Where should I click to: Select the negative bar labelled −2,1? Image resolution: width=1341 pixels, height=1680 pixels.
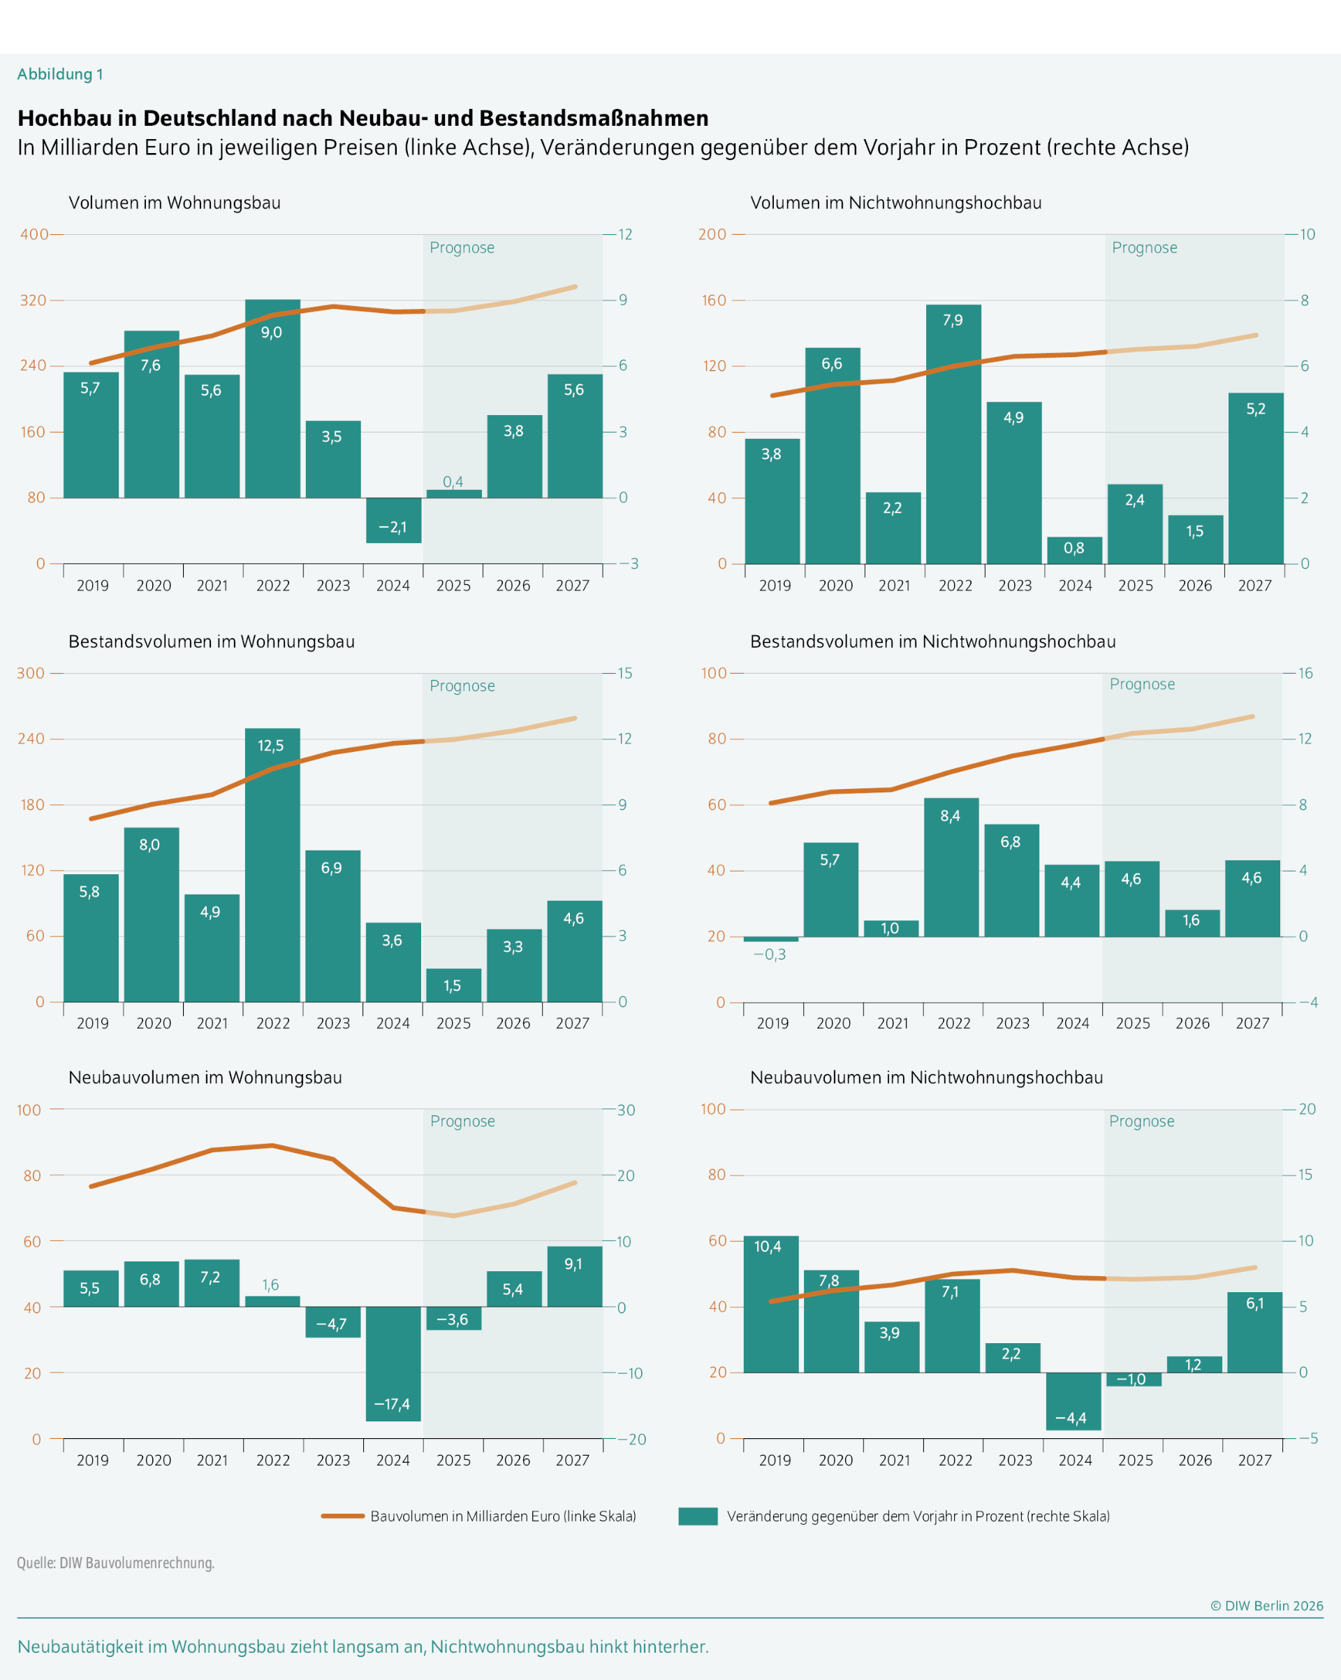pyautogui.click(x=393, y=520)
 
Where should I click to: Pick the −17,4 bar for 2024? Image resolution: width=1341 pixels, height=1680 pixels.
pyautogui.click(x=393, y=1363)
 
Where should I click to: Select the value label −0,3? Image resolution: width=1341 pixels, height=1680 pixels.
pyautogui.click(x=770, y=955)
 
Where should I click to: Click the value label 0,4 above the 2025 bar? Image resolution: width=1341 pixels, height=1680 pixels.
pyautogui.click(x=453, y=481)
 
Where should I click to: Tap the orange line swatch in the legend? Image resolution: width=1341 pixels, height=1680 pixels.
pyautogui.click(x=343, y=1516)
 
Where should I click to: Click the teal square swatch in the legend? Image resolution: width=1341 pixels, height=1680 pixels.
pyautogui.click(x=698, y=1516)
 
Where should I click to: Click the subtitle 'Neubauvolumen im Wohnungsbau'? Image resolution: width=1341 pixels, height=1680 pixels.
pyautogui.click(x=205, y=1078)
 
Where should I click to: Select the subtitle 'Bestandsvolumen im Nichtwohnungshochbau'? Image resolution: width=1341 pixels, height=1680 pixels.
pyautogui.click(x=932, y=642)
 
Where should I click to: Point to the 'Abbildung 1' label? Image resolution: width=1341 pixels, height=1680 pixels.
pyautogui.click(x=60, y=74)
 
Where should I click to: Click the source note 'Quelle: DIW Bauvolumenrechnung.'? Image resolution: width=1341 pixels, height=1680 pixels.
pyautogui.click(x=115, y=1563)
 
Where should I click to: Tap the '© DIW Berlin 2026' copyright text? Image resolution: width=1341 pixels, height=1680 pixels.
pyautogui.click(x=1266, y=1605)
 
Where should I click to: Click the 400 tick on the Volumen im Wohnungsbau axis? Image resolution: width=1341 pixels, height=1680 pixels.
pyautogui.click(x=34, y=235)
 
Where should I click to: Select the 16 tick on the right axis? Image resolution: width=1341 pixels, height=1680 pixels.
pyautogui.click(x=1305, y=673)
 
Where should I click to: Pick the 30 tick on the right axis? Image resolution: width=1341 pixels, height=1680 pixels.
pyautogui.click(x=626, y=1110)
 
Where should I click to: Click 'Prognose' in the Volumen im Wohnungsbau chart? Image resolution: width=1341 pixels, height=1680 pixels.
pyautogui.click(x=462, y=248)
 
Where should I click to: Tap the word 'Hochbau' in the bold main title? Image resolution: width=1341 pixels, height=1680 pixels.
pyautogui.click(x=59, y=118)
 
